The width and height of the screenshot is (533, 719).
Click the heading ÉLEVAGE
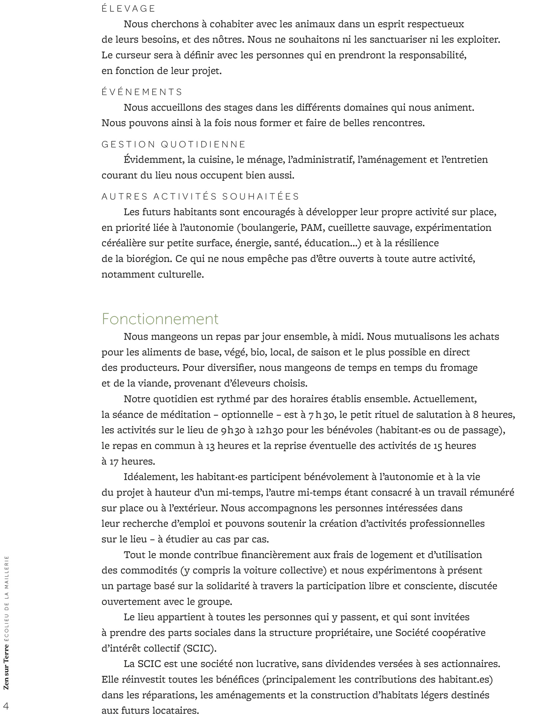(x=129, y=9)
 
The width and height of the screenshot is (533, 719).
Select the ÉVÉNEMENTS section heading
(x=142, y=92)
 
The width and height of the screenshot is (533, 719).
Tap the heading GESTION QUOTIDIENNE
(x=174, y=144)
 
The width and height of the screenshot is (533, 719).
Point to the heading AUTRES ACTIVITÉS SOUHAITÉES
(x=201, y=197)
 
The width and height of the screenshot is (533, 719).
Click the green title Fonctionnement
(x=160, y=319)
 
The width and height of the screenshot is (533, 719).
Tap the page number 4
(x=6, y=706)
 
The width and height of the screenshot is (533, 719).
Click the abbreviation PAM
(x=310, y=228)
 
